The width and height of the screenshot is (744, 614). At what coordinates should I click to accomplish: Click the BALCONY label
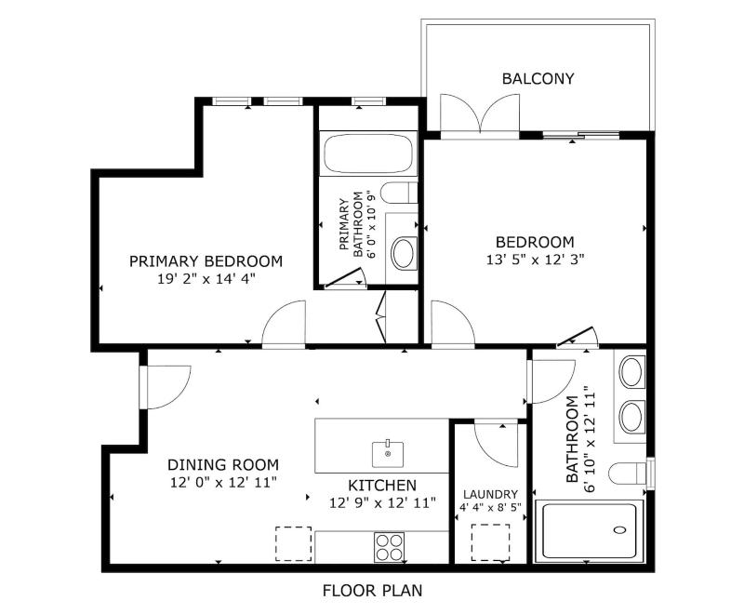pyautogui.click(x=538, y=78)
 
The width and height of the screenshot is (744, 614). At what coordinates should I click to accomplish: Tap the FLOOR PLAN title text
pyautogui.click(x=372, y=590)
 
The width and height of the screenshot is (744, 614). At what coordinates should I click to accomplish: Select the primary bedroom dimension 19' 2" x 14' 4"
pyautogui.click(x=206, y=278)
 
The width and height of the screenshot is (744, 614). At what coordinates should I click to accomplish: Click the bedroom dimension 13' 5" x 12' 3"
pyautogui.click(x=535, y=260)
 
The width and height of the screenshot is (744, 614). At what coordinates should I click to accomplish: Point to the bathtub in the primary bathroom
pyautogui.click(x=368, y=153)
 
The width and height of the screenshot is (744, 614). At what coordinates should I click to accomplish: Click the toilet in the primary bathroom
pyautogui.click(x=399, y=193)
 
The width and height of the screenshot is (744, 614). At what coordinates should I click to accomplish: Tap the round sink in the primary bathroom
pyautogui.click(x=403, y=252)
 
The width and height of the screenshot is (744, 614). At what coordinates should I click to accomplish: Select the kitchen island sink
pyautogui.click(x=388, y=454)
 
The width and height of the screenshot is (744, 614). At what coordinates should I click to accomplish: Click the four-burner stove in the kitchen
pyautogui.click(x=389, y=547)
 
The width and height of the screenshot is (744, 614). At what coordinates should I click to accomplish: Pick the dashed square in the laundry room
pyautogui.click(x=491, y=542)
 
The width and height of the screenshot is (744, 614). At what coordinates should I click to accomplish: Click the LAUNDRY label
pyautogui.click(x=491, y=494)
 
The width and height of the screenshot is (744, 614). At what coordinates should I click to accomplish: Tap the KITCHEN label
pyautogui.click(x=382, y=486)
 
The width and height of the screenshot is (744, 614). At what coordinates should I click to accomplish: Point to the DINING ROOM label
pyautogui.click(x=223, y=464)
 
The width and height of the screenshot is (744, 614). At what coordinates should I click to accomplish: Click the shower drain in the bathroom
pyautogui.click(x=619, y=529)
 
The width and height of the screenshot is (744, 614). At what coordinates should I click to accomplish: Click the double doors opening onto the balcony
pyautogui.click(x=480, y=113)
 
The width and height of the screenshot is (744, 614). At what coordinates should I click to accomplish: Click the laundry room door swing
pyautogui.click(x=496, y=444)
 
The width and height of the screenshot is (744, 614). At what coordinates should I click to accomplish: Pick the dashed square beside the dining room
pyautogui.click(x=294, y=544)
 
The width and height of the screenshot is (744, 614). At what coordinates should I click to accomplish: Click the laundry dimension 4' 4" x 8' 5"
pyautogui.click(x=491, y=507)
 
